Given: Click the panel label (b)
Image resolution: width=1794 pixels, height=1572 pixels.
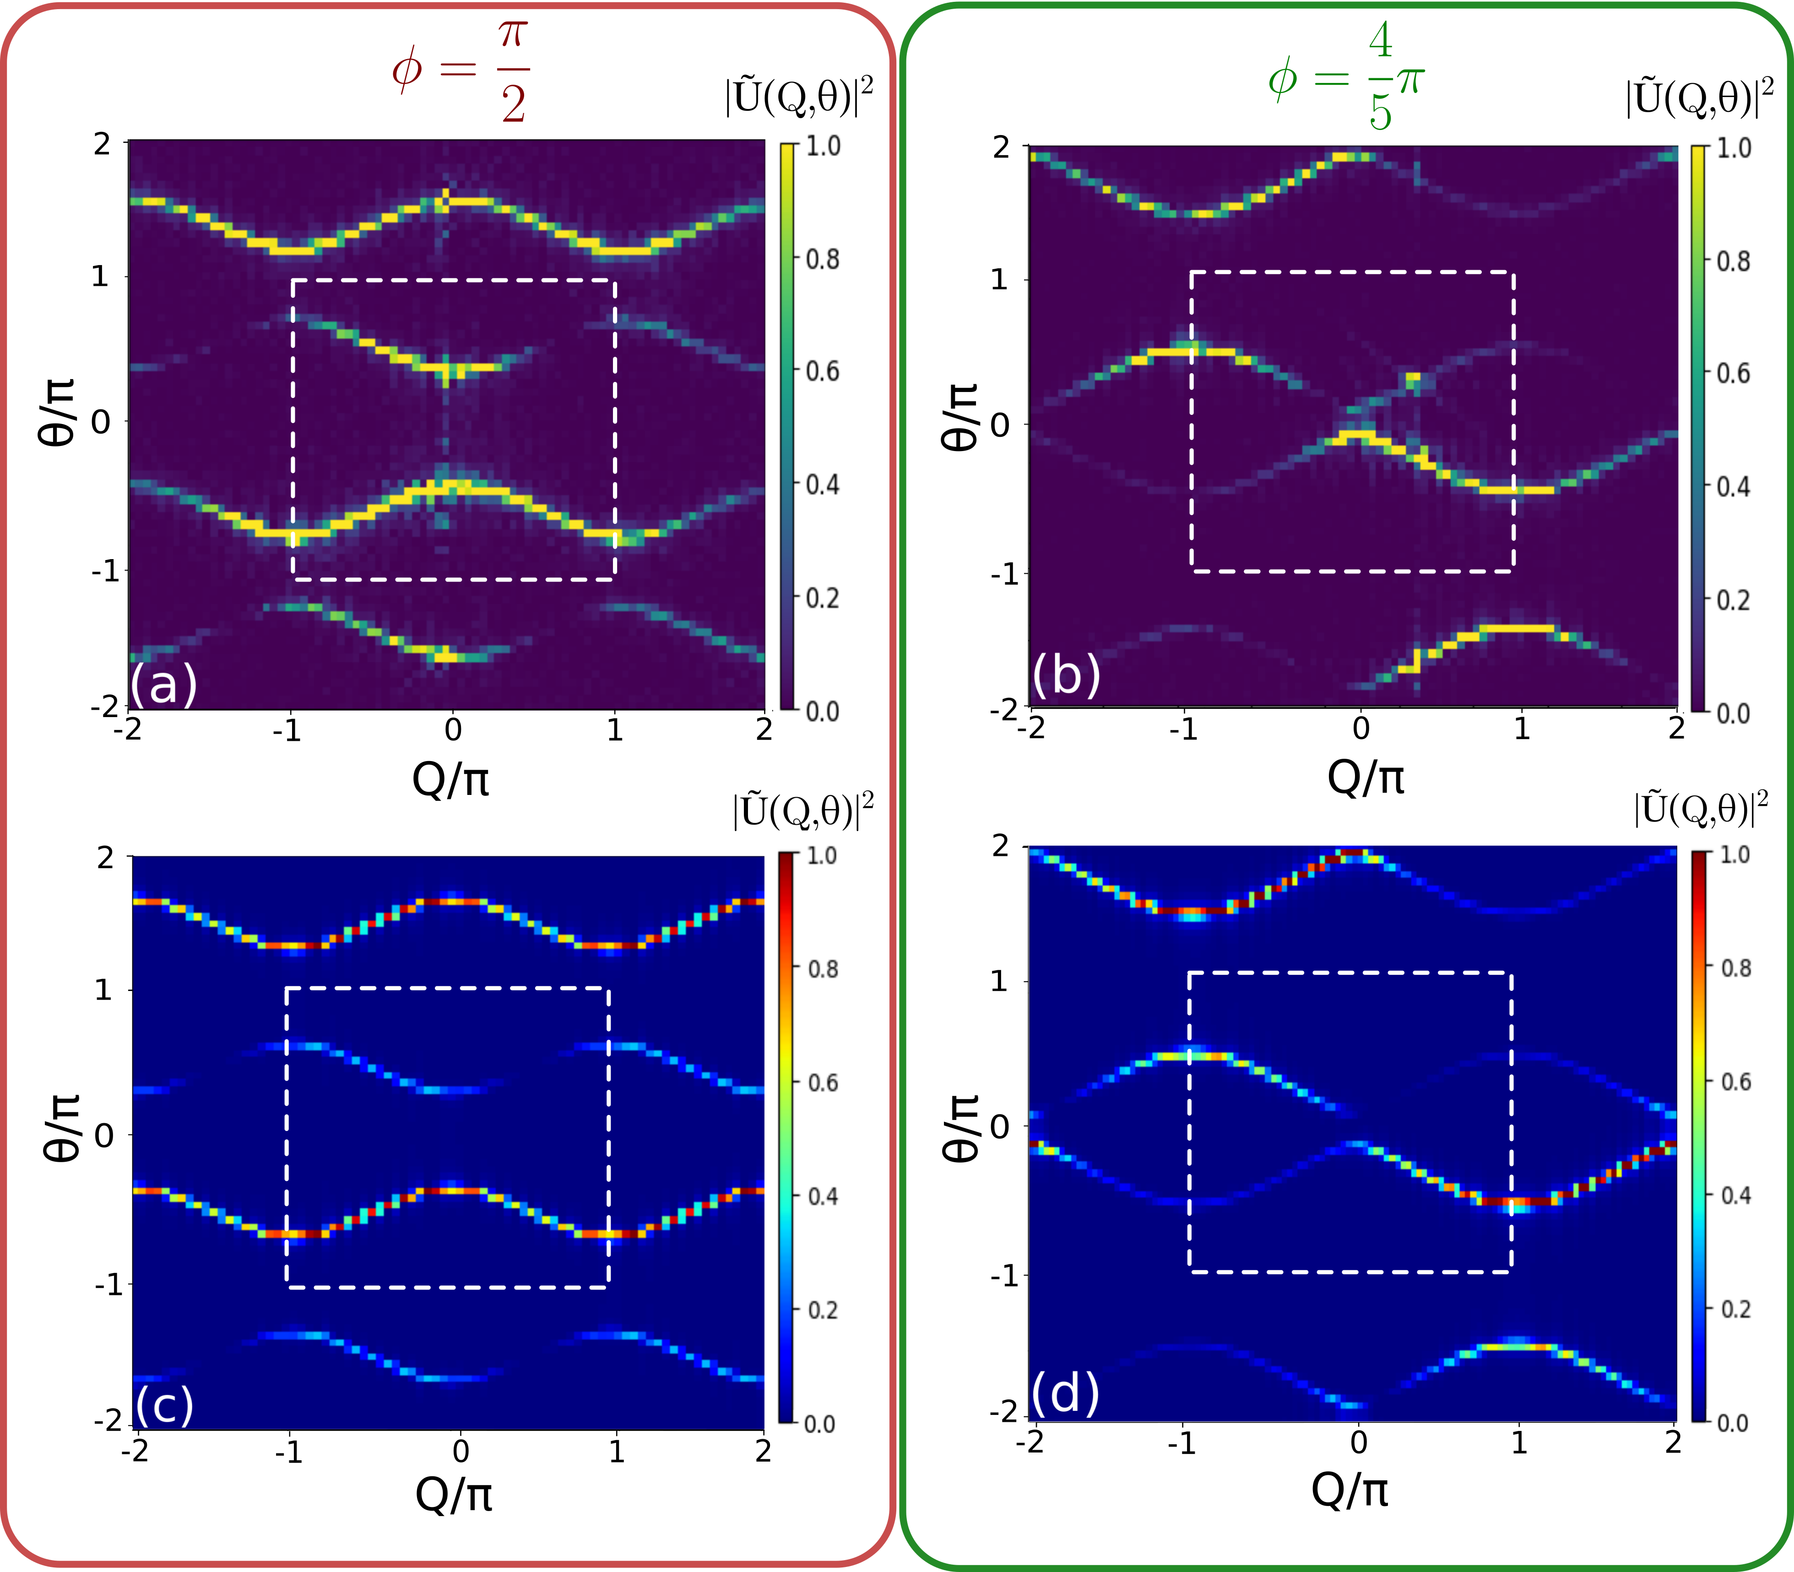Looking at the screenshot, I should [x=1065, y=675].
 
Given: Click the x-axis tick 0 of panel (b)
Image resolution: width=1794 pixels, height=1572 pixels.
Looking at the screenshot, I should [x=1360, y=728].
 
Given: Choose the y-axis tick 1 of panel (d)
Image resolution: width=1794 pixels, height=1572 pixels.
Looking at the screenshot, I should [x=999, y=981].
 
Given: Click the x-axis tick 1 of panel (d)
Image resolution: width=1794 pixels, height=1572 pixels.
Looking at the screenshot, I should [x=1519, y=1443].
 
